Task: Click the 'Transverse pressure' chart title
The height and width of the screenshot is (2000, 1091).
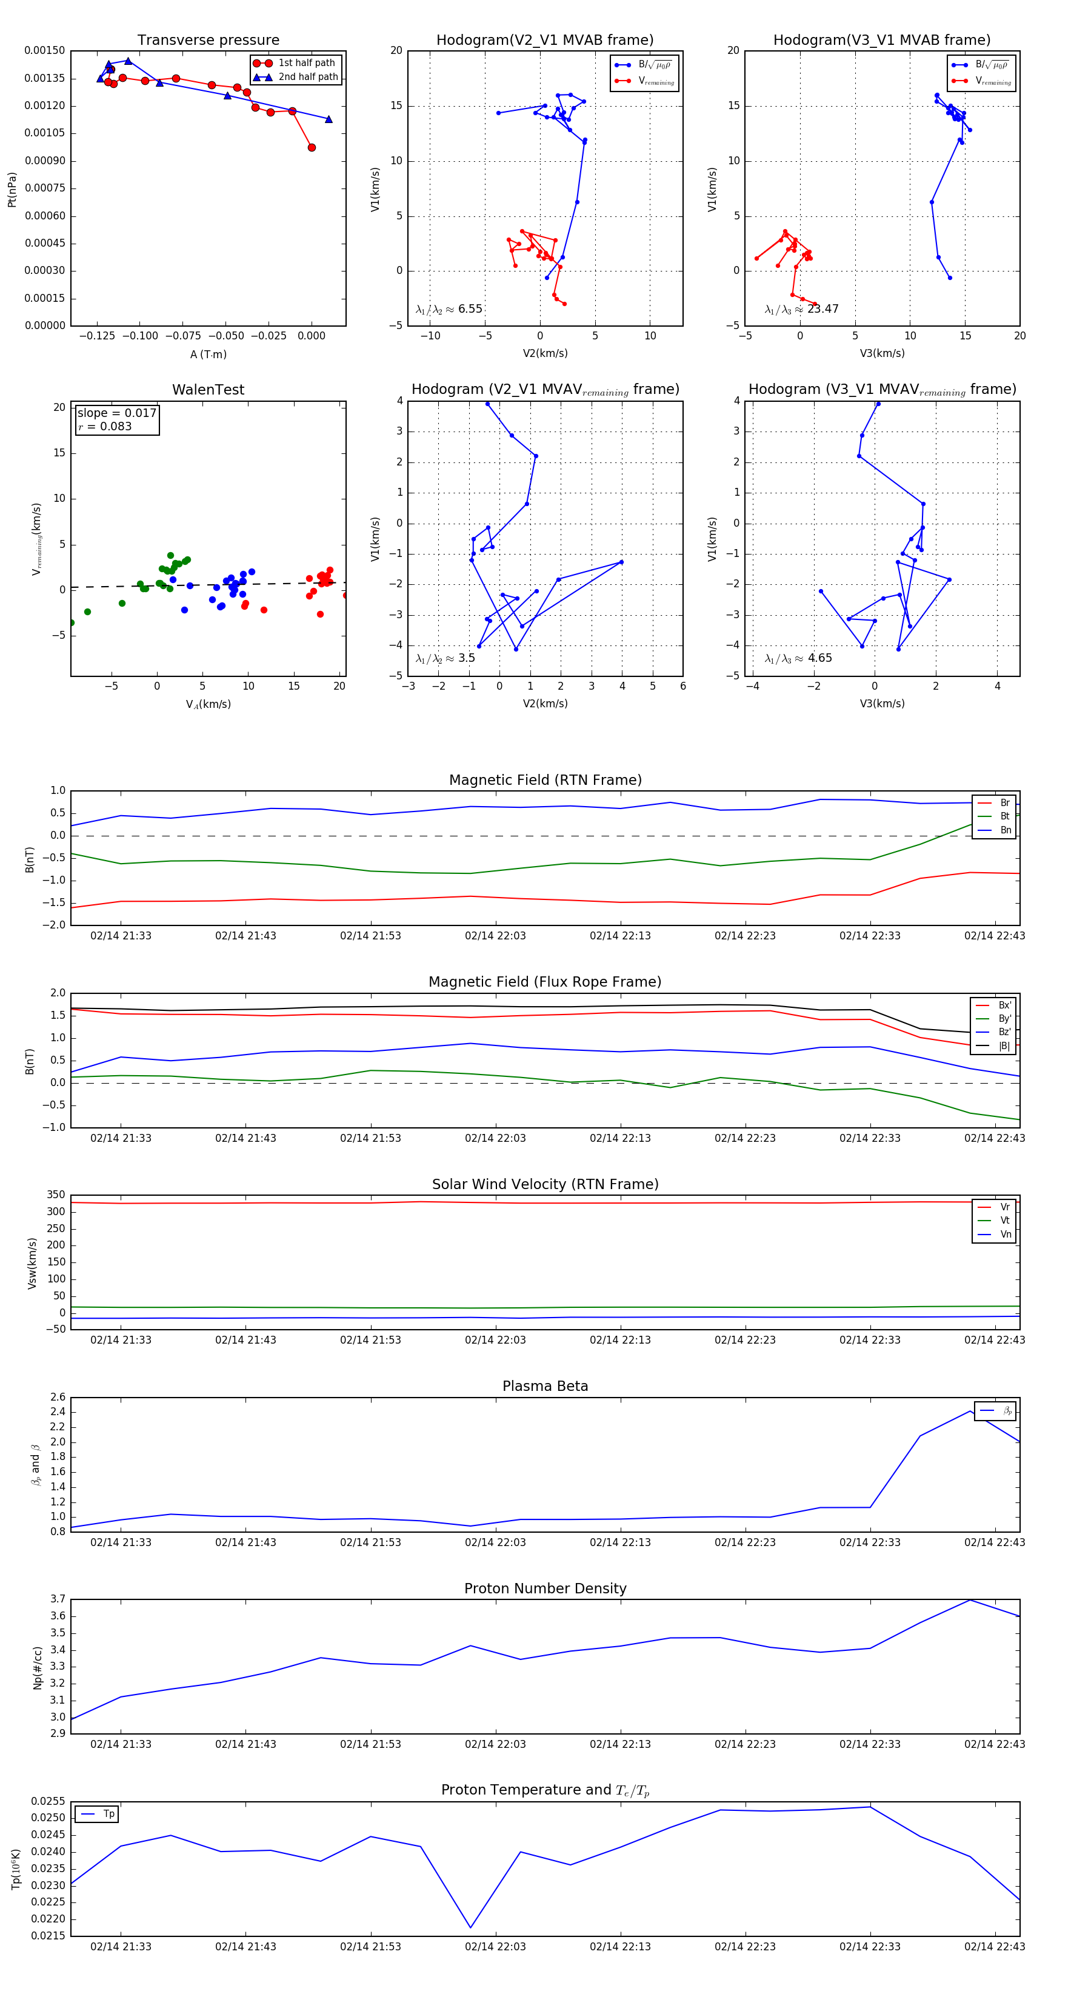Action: (208, 41)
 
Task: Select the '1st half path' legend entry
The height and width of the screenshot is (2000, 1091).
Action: (306, 63)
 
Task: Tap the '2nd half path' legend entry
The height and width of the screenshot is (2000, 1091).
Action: (307, 77)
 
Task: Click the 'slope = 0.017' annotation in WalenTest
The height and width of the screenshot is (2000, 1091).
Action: (116, 413)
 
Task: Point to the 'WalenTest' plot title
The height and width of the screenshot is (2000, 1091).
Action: (208, 390)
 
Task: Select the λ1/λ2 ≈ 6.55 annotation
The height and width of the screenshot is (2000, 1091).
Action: (449, 309)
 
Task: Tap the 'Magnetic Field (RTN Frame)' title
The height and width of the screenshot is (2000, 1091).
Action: (545, 780)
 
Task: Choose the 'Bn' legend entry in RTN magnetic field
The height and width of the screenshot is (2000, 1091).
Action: (1005, 830)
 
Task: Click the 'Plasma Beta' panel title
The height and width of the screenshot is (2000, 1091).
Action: (545, 1387)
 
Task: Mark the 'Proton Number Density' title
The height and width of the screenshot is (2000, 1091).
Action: (545, 1588)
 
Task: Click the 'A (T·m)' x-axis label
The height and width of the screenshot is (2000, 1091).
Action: (208, 355)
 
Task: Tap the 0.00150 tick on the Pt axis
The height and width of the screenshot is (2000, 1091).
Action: (44, 52)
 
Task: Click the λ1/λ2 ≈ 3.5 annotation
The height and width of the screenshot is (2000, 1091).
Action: (445, 658)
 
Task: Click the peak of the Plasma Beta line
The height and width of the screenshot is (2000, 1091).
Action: (970, 1410)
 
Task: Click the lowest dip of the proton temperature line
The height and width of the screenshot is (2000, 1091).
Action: (470, 1928)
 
